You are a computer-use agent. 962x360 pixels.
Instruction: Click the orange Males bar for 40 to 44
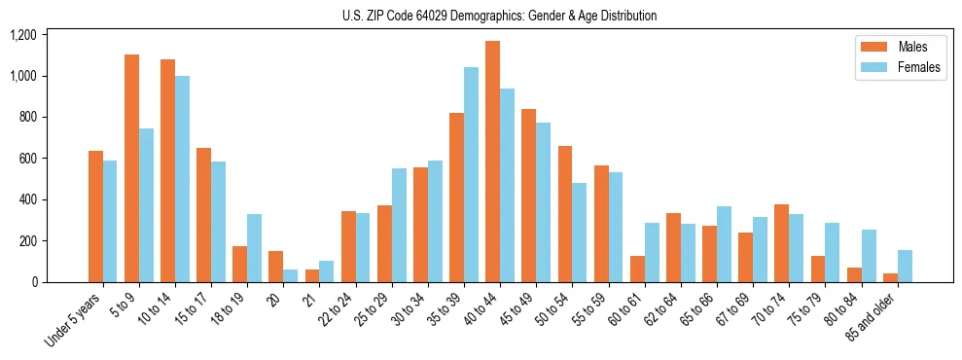coord(492,162)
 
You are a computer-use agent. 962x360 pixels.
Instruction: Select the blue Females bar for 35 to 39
coord(471,175)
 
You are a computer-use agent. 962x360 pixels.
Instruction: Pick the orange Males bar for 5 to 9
coord(131,168)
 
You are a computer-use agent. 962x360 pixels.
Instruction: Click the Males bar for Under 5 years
coord(95,217)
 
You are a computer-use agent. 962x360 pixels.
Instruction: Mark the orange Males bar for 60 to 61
coord(637,270)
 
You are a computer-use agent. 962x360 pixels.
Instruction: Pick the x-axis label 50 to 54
coord(552,310)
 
